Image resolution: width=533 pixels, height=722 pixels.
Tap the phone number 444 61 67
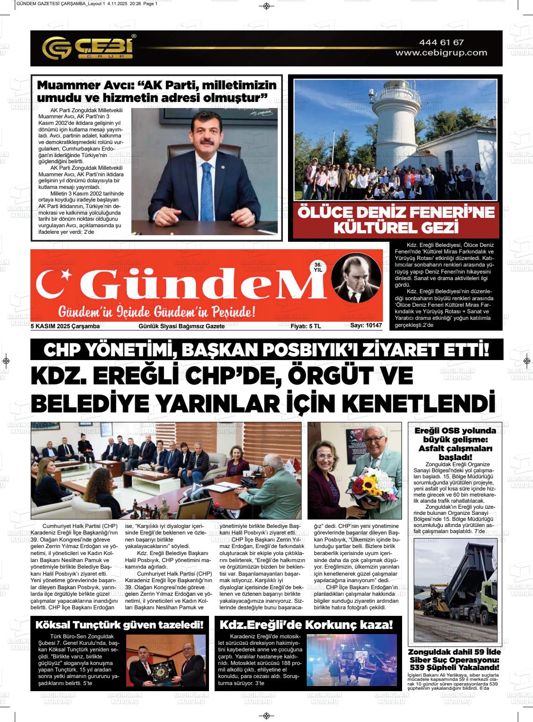point(441,43)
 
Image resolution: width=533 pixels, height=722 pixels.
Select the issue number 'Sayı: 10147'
point(366,326)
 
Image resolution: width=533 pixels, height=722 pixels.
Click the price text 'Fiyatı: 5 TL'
point(306,326)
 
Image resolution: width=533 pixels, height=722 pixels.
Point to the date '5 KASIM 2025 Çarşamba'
point(65,326)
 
